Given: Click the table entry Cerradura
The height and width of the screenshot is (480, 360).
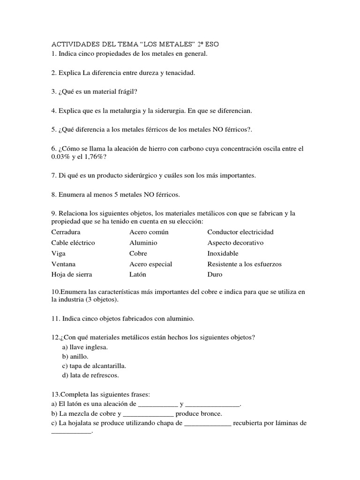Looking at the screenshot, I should point(66,232).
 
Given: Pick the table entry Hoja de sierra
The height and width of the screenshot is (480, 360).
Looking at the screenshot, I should point(71,275).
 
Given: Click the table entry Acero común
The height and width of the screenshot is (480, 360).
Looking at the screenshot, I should point(149,232).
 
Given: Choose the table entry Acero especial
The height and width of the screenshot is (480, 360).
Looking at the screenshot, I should point(150,264).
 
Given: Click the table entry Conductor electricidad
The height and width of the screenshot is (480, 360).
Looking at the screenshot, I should point(240,232).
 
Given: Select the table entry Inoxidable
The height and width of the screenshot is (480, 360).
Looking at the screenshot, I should point(223,254).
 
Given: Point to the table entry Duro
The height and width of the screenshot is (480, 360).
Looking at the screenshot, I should point(215,275).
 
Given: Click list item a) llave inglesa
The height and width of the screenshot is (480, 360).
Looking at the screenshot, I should point(85,347).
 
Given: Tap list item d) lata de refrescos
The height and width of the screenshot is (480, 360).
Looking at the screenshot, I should point(90,375).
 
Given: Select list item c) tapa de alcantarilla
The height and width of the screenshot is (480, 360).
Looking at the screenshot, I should point(94,366).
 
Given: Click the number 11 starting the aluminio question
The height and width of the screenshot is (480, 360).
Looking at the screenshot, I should point(55,319).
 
